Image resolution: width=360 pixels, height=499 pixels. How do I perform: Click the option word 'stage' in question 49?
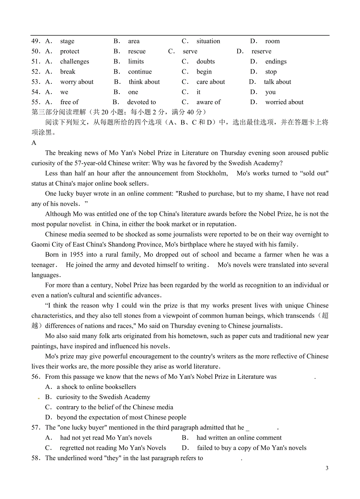67,41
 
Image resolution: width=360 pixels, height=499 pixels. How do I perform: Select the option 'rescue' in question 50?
137,51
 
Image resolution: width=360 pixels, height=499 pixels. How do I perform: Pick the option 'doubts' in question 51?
205,61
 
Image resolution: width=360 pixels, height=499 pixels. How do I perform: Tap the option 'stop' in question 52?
271,72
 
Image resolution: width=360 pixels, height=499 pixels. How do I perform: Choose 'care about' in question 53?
211,82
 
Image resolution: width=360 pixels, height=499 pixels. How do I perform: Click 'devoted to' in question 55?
141,102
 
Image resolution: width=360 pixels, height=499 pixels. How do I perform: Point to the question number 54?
36,92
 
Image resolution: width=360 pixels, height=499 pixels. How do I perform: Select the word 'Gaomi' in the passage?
41,244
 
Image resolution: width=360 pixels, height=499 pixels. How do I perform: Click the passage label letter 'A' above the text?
34,143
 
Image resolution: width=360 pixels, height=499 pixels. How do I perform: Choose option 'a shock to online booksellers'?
96,387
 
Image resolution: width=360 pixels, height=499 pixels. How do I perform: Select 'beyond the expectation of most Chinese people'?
121,418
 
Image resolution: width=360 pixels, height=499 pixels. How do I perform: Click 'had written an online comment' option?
239,438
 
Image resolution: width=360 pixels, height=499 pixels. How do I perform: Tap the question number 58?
36,458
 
